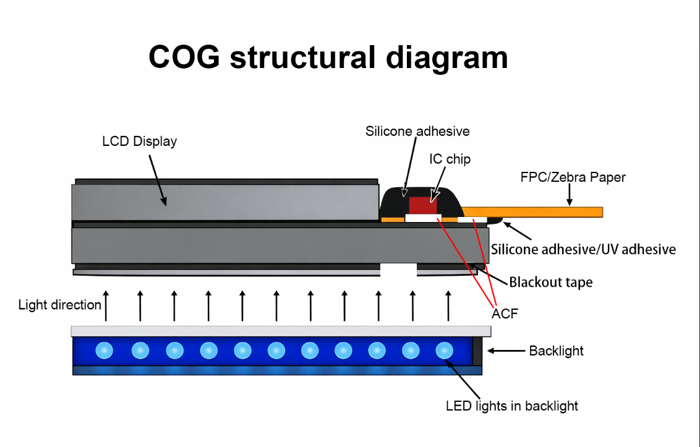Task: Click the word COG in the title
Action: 184,57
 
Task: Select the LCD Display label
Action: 139,142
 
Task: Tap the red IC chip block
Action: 423,205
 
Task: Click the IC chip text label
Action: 450,160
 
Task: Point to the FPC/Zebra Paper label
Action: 573,177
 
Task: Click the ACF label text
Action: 505,314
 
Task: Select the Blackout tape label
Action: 551,283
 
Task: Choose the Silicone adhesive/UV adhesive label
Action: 583,250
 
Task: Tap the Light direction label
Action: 59,305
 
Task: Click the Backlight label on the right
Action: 556,351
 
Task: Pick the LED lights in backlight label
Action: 511,406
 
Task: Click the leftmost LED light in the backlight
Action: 105,351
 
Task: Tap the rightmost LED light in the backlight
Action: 445,351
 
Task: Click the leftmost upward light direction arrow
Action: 106,305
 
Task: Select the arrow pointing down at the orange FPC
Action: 570,197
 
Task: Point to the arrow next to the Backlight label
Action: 505,351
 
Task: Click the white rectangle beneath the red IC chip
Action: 423,218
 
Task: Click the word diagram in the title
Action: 446,57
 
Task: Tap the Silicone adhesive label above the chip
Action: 417,131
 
